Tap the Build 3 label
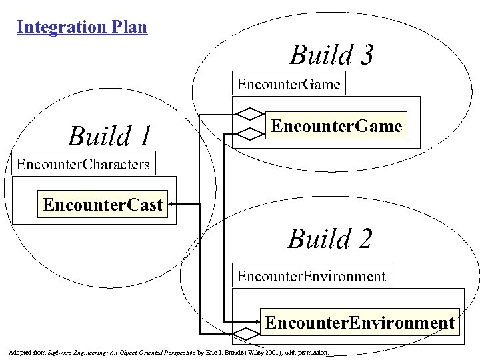[x=331, y=55]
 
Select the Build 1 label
[x=110, y=136]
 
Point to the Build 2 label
[x=329, y=238]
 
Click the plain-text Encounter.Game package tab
[x=289, y=85]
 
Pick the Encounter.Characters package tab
[x=83, y=164]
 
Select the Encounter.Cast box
[x=103, y=204]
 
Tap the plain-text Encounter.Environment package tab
[x=311, y=275]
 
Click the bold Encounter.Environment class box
[x=359, y=323]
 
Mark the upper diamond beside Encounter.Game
[x=250, y=111]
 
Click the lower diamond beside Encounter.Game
[x=250, y=133]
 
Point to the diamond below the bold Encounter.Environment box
[x=246, y=333]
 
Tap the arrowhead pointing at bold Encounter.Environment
[x=258, y=323]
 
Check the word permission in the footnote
[x=313, y=351]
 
